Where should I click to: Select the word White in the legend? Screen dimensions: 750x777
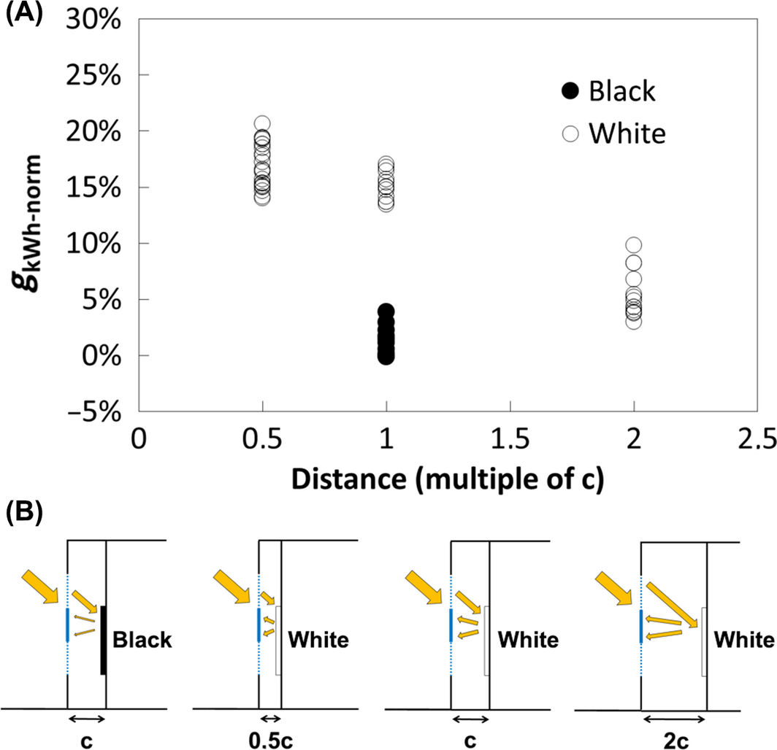627,134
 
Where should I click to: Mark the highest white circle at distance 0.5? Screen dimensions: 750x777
262,124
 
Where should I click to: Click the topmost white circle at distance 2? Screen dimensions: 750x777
634,244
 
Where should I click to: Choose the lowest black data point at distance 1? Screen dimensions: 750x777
386,357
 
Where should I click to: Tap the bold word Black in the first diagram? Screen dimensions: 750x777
142,641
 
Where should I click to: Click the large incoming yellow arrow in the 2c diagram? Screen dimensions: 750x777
615,587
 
